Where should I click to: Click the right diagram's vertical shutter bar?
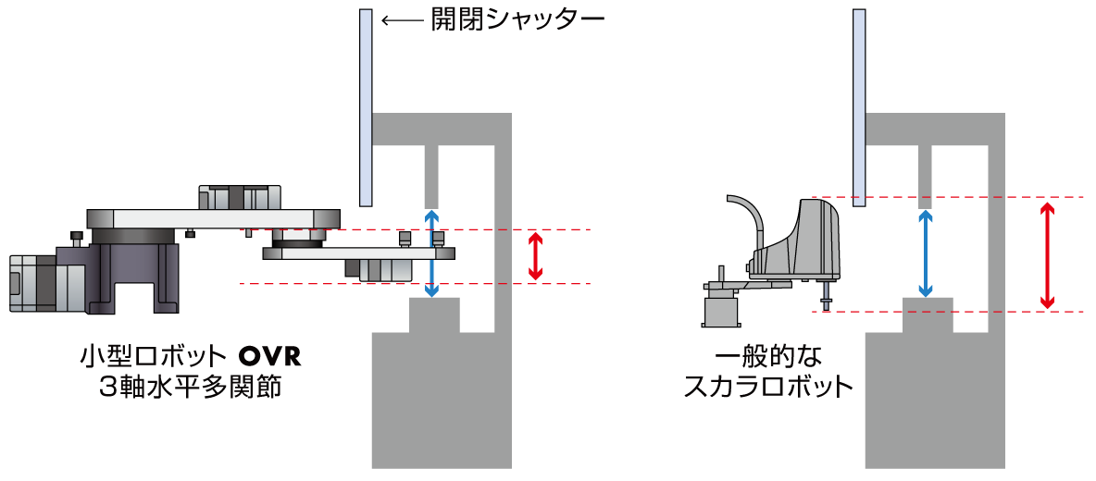859,107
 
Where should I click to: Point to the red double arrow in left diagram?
534,256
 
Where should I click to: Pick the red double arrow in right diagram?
1047,254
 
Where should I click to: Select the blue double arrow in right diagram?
924,253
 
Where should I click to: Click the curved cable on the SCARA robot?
753,213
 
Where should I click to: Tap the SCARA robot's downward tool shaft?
824,296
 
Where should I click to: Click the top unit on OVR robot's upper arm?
238,197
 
